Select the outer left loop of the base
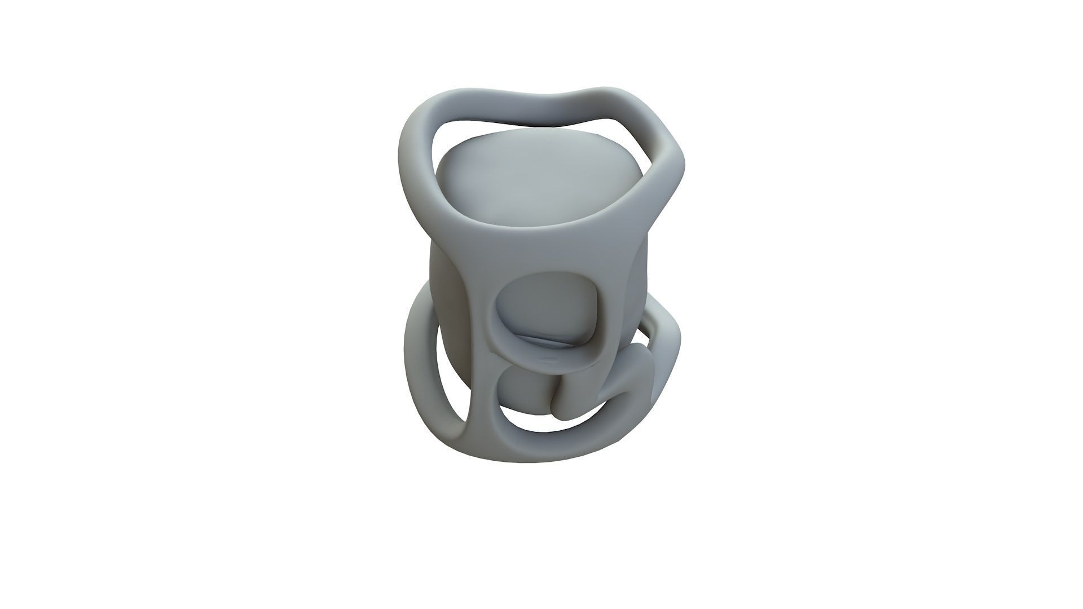click(x=420, y=361)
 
